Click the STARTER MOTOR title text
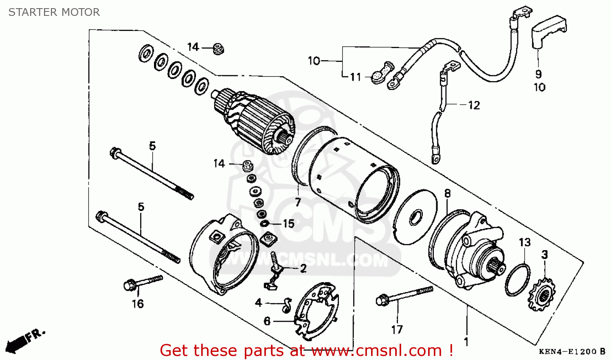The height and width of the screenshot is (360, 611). (54, 12)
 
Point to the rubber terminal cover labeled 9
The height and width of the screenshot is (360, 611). (549, 30)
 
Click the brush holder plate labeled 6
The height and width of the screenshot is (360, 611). (317, 311)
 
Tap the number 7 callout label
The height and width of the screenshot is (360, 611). (298, 202)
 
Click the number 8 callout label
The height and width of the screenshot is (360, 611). (447, 193)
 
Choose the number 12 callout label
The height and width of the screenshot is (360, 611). (474, 105)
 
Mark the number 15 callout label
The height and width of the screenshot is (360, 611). (288, 224)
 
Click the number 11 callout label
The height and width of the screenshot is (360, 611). (356, 77)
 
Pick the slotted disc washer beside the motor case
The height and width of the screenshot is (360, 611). (415, 217)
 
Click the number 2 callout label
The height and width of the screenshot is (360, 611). (303, 268)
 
